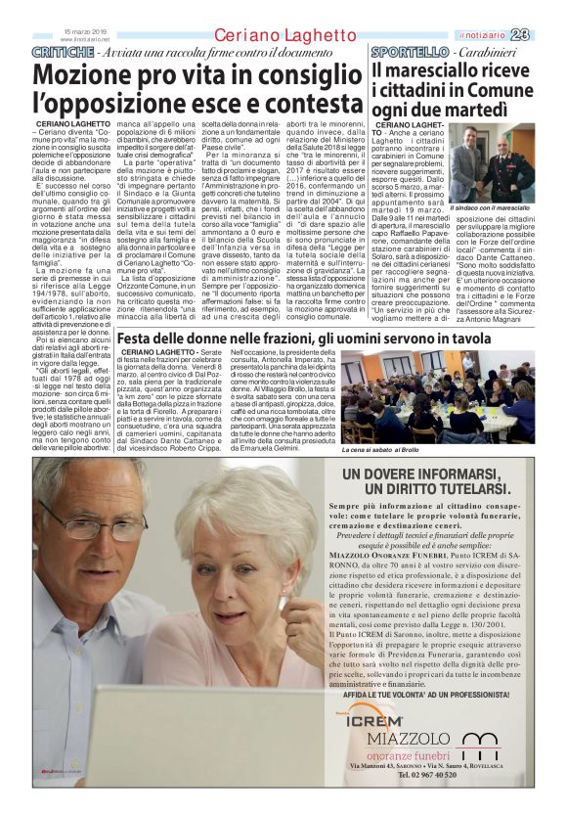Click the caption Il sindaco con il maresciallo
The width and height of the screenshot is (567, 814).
(x=490, y=208)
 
